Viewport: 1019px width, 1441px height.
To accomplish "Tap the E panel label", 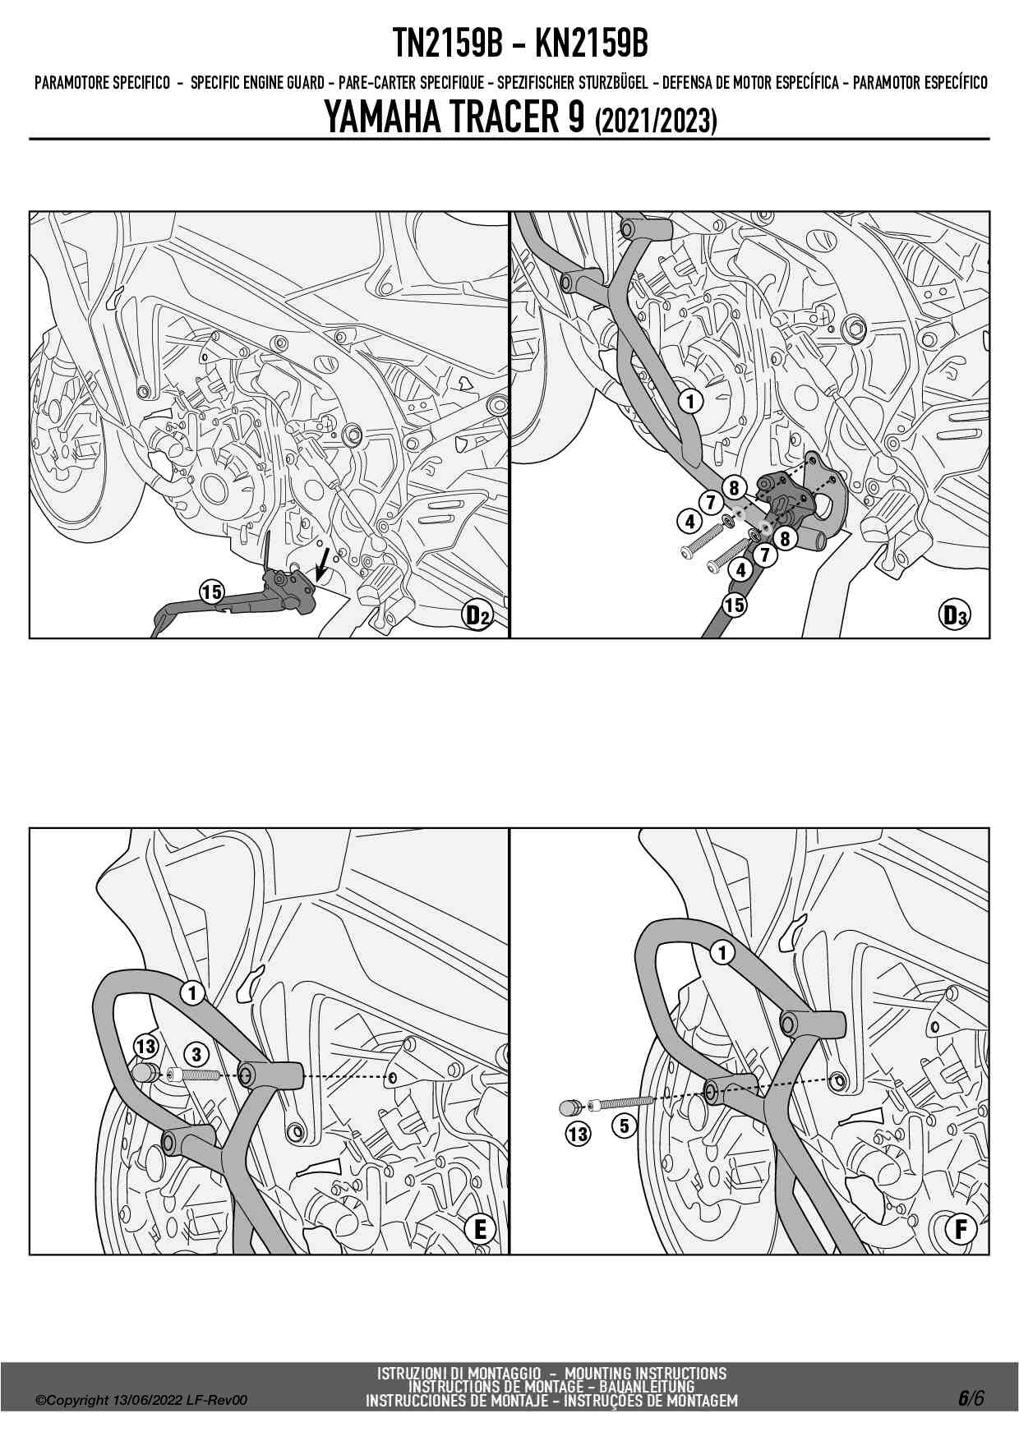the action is (480, 1229).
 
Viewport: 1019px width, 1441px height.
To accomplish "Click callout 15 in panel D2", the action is (211, 592).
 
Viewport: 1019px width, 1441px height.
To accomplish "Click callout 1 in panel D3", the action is (691, 401).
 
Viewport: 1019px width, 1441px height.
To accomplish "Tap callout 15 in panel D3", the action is (734, 605).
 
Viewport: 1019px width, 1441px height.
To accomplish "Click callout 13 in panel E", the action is (145, 1047).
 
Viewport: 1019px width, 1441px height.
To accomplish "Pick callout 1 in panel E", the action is (192, 992).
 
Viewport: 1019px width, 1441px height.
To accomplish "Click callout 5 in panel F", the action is (625, 1125).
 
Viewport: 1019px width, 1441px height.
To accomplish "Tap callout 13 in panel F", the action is (578, 1135).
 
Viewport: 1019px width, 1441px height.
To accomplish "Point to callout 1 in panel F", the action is (722, 953).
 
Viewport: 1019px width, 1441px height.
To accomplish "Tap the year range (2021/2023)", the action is (656, 121).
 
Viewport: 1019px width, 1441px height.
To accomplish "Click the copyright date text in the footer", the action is (141, 1401).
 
